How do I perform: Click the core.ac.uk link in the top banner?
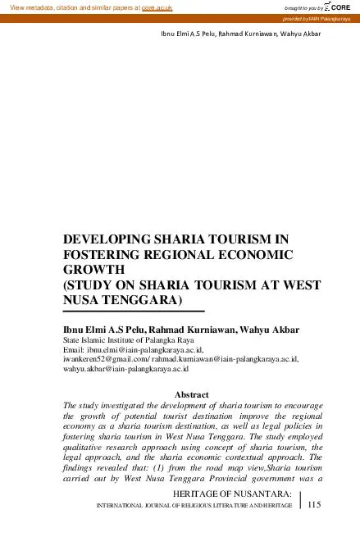pyautogui.click(x=157, y=7)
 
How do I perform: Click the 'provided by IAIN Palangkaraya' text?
pyautogui.click(x=321, y=19)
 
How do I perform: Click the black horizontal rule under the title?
pyautogui.click(x=133, y=312)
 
